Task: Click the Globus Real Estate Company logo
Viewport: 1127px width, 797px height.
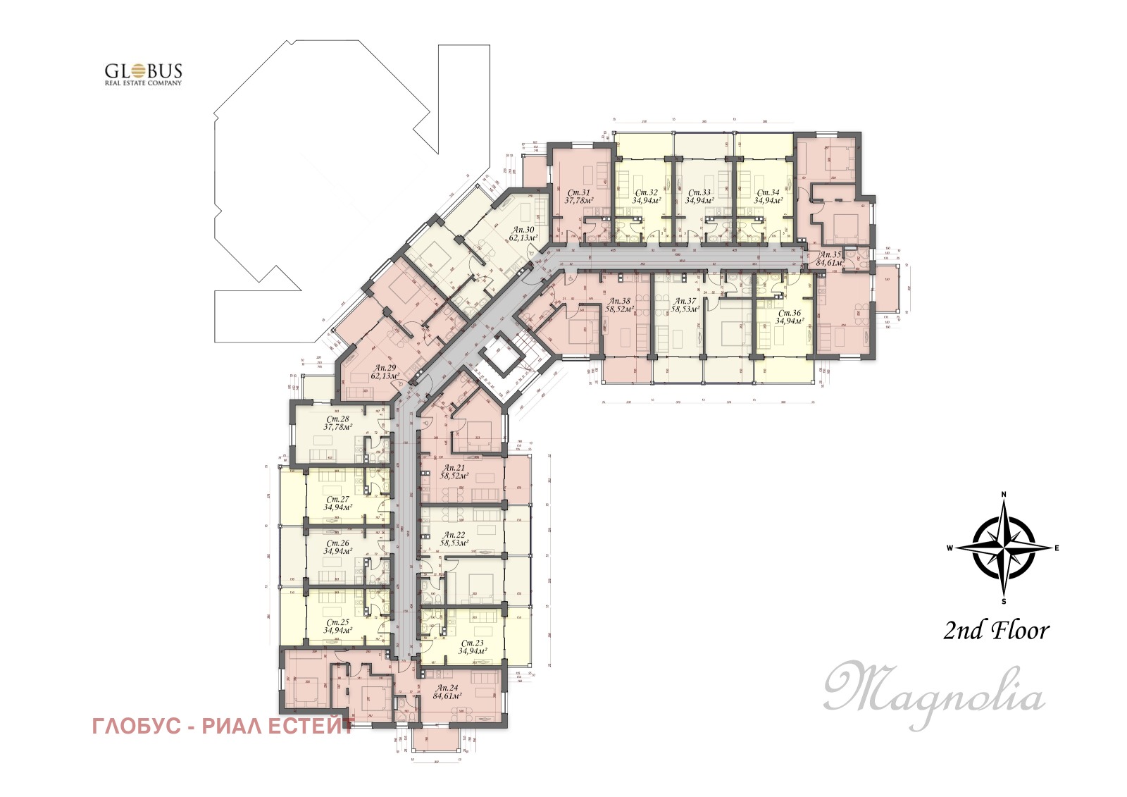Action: [x=143, y=74]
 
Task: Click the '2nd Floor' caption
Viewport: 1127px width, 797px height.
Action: [x=996, y=631]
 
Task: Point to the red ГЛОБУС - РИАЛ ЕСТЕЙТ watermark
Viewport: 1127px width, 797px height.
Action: [x=223, y=727]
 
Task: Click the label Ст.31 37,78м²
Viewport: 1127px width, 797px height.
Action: [x=578, y=197]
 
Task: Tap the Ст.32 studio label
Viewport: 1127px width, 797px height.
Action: [x=646, y=197]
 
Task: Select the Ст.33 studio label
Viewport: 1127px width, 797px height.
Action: [x=699, y=197]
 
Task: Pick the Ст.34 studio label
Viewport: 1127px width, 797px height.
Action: [x=767, y=197]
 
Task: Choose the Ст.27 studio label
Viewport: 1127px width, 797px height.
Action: [x=338, y=503]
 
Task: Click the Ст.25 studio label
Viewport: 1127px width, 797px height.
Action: [x=338, y=626]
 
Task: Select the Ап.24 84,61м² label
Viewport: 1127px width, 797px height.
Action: [x=447, y=692]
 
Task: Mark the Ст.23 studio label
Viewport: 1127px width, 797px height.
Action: [x=471, y=648]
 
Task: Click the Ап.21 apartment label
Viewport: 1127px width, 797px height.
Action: [x=455, y=471]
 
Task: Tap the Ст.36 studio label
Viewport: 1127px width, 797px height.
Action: [x=790, y=317]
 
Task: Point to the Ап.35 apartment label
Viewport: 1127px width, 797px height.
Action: [x=829, y=259]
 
